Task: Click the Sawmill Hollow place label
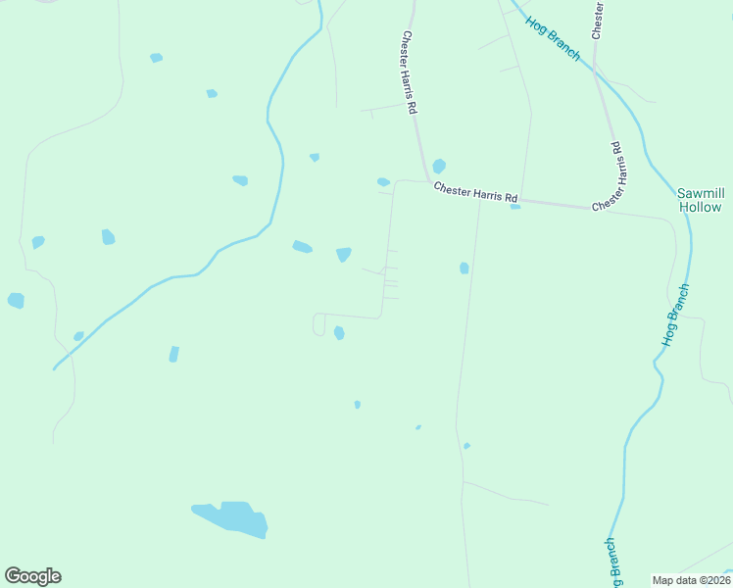tap(700, 200)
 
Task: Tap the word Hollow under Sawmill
tap(700, 208)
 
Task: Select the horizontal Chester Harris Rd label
tap(475, 195)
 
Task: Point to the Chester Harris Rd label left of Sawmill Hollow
tap(608, 177)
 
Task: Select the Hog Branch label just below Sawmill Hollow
tap(676, 314)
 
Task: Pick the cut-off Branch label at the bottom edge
tap(610, 563)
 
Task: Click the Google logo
tap(32, 576)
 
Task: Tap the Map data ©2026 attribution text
tap(690, 579)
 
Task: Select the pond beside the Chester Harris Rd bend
tap(439, 166)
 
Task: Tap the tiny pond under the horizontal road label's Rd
tap(515, 206)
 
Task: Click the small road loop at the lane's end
tap(318, 324)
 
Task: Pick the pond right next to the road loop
tap(339, 333)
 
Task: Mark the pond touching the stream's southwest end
tap(78, 336)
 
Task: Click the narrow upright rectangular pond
tap(173, 354)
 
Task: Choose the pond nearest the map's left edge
tap(16, 300)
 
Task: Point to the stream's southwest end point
tap(54, 368)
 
